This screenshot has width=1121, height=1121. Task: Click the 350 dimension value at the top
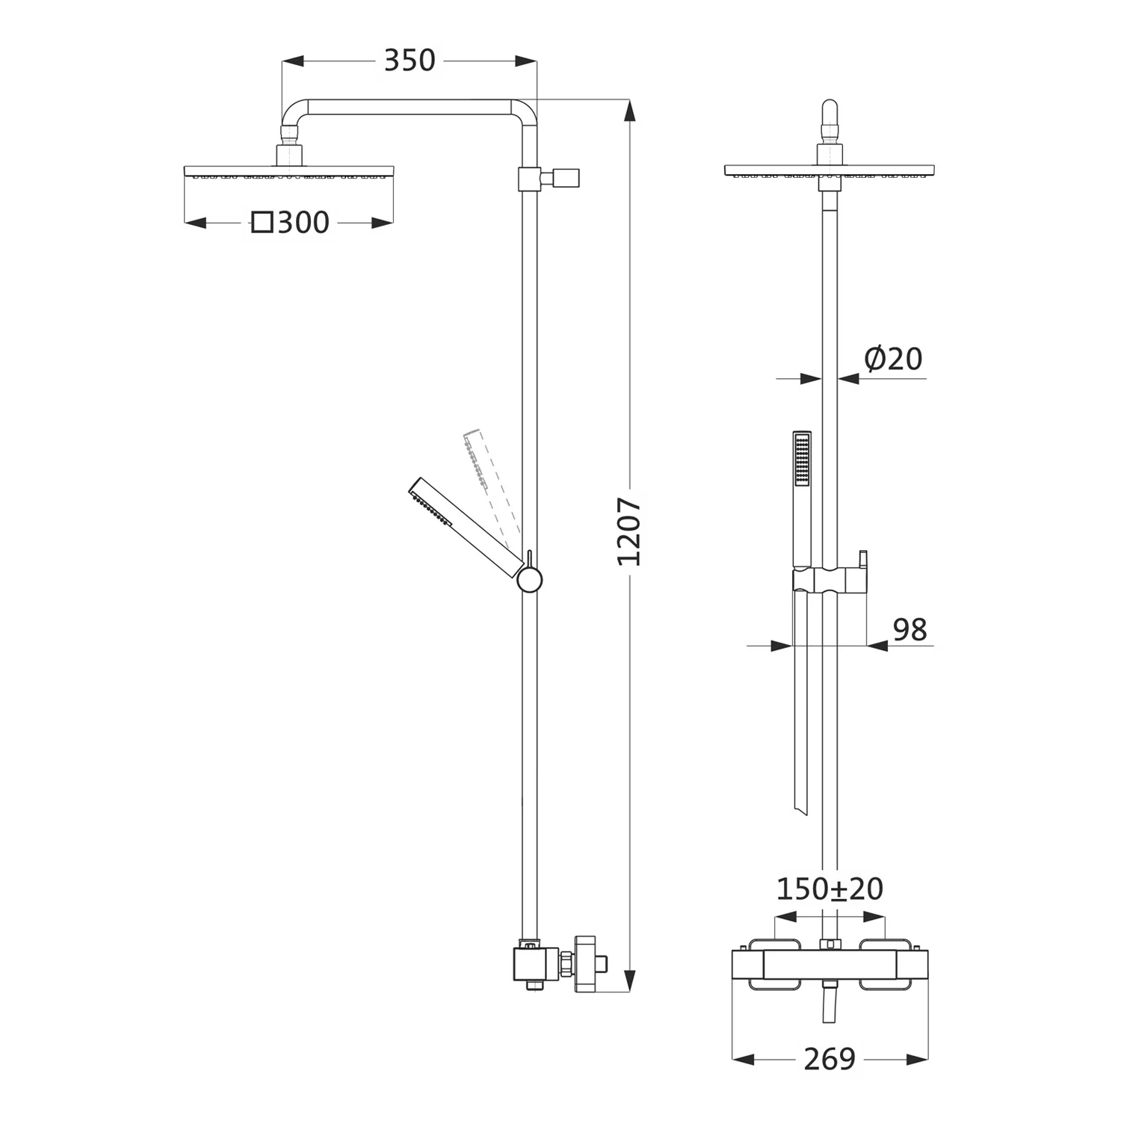[x=409, y=61]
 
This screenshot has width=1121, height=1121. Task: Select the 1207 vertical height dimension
[x=629, y=531]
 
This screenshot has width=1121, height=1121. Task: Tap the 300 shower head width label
[x=303, y=223]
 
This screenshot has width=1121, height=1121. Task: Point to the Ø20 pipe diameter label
[x=893, y=359]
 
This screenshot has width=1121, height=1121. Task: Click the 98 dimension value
[x=910, y=630]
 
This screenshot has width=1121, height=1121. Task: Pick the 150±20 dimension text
[x=830, y=889]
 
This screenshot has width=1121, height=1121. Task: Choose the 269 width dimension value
[x=830, y=1059]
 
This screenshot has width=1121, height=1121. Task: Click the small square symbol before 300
[x=262, y=223]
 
